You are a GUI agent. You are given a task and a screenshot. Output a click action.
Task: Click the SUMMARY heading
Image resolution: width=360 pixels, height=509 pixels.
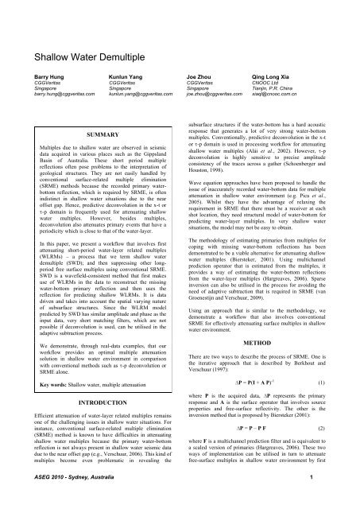tap(94, 136)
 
